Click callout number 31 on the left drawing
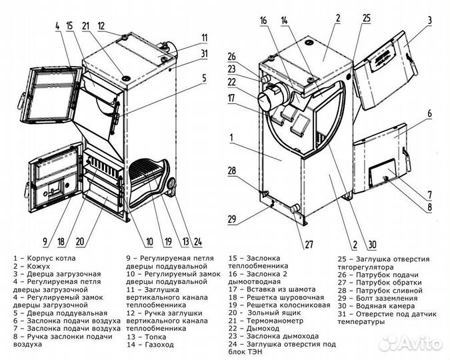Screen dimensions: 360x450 click(204, 53)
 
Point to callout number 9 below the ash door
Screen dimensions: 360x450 click(45, 241)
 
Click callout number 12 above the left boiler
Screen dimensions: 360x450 click(101, 26)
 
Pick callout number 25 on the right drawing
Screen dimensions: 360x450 click(366, 19)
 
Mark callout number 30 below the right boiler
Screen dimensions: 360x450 click(371, 243)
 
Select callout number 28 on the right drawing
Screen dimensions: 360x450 click(231, 171)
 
